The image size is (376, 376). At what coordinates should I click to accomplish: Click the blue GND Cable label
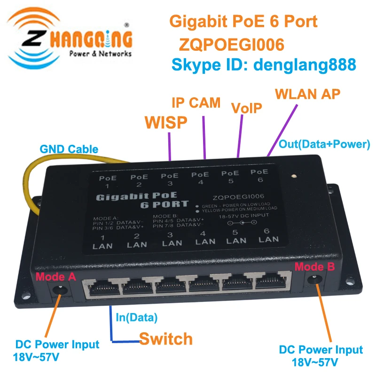pos(69,149)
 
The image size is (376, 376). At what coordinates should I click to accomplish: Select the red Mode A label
pos(55,277)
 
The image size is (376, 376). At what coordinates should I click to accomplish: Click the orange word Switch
pos(166,338)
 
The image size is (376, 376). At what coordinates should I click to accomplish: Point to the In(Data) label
pos(136,317)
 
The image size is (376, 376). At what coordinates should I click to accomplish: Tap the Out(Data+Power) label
pos(325,144)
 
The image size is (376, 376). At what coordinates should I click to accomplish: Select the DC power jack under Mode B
pos(314,281)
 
